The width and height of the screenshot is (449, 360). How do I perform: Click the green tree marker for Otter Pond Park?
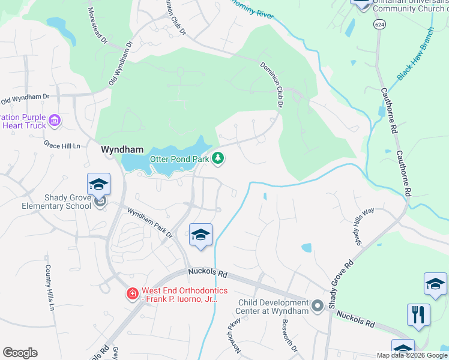coord(218,158)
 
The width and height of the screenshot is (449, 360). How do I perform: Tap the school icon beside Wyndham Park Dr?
coord(200,235)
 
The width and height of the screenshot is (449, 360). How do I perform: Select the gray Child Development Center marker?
coord(318,307)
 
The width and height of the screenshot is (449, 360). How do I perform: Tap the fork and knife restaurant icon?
coord(418,314)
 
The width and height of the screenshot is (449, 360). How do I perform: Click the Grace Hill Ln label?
coord(62,145)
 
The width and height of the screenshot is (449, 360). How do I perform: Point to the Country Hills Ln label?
coord(49,288)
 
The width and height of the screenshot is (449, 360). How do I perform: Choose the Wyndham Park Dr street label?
coord(149,222)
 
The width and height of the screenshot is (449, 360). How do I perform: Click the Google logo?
coord(20,353)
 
